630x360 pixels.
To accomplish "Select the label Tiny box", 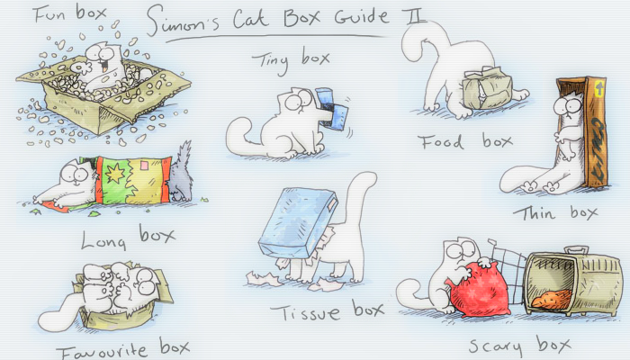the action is point(290,59).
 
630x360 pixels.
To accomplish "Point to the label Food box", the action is point(464,141).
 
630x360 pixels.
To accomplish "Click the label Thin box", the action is point(555,213).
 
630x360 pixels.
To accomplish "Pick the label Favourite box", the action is point(122,346).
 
